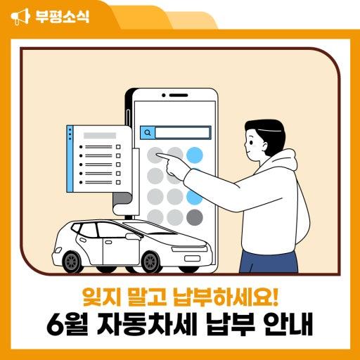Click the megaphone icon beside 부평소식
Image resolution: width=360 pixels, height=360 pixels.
click(20, 16)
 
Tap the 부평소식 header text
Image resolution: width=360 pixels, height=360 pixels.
click(63, 16)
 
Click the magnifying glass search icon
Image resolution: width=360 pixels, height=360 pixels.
click(148, 133)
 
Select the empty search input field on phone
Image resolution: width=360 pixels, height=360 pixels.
click(182, 133)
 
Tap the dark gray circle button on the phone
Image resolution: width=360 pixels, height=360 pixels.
click(195, 217)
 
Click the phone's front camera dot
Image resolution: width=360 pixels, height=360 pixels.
click(164, 96)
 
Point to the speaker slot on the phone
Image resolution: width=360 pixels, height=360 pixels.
click(179, 96)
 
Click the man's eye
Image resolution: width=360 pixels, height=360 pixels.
click(251, 143)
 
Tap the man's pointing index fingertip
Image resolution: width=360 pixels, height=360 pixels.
click(157, 155)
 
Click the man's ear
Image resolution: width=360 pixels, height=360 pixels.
click(264, 147)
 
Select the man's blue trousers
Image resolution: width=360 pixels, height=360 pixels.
click(269, 262)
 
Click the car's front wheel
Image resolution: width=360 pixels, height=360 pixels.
click(151, 262)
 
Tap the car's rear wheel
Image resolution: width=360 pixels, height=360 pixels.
click(72, 262)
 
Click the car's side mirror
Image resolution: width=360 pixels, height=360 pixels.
click(133, 236)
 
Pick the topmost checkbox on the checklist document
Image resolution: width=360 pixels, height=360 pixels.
click(118, 147)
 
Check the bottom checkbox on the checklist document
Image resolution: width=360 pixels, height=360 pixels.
click(118, 182)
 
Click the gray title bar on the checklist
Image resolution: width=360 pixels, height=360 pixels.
click(100, 136)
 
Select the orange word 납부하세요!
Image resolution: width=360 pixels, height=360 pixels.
click(226, 297)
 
